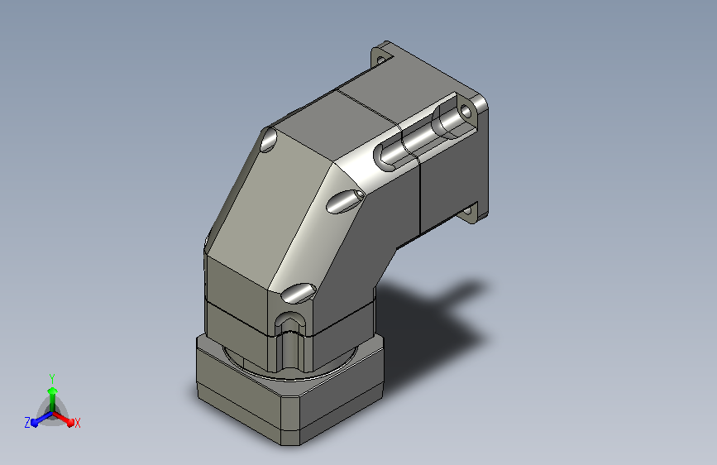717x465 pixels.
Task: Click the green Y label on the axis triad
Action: click(52, 378)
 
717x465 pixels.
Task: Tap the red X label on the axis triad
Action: click(77, 423)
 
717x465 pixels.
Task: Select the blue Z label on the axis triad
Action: click(27, 423)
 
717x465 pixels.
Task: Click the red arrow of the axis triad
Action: click(64, 419)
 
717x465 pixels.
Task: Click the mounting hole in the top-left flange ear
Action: click(380, 59)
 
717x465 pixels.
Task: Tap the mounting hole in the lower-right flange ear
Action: click(466, 212)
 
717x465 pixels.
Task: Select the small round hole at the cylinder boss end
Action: click(466, 111)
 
